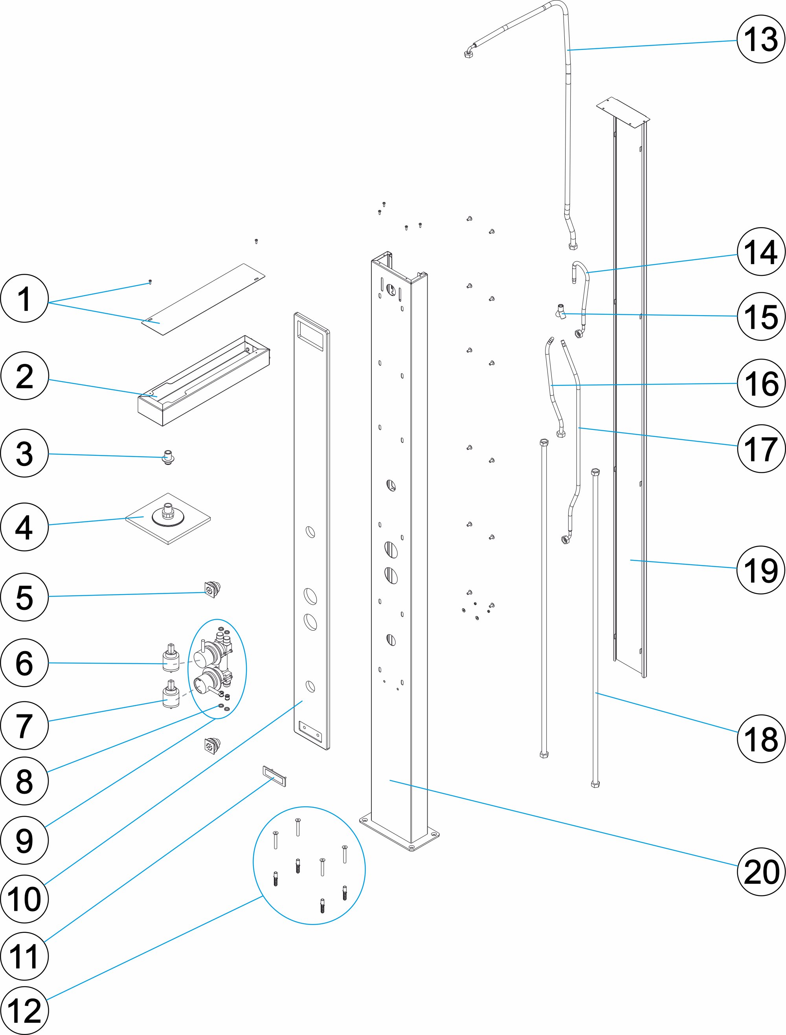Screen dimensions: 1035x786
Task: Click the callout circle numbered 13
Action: pos(760,39)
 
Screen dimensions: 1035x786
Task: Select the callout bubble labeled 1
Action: pos(24,299)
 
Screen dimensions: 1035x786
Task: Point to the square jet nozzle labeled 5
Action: pos(212,589)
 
